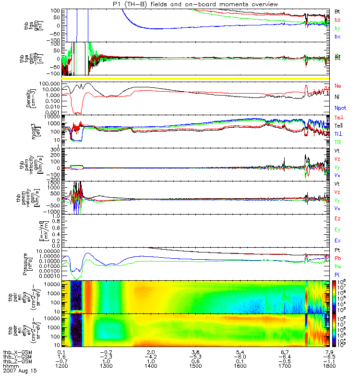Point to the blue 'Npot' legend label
click(339, 108)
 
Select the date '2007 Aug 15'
click(20, 371)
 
